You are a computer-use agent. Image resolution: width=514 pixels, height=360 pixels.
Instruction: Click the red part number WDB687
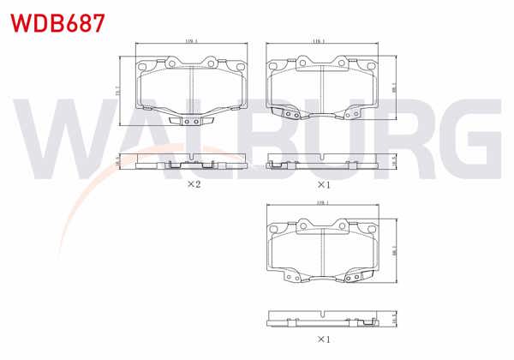57,21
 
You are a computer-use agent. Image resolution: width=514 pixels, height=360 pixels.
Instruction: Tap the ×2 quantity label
193,184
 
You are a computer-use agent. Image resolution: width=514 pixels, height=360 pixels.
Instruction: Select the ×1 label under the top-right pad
323,184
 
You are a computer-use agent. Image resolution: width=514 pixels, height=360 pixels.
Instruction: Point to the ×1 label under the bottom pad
323,339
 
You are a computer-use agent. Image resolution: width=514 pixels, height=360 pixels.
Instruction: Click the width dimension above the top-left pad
191,41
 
